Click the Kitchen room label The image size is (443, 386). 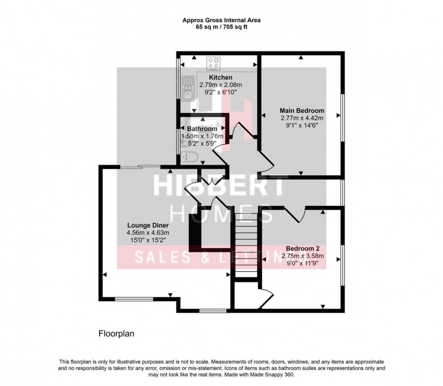(220, 77)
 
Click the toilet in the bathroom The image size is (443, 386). (190, 157)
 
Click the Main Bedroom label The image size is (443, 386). (302, 110)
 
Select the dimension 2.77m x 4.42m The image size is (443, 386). (302, 118)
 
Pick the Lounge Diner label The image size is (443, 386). (148, 225)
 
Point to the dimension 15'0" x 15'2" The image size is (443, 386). (148, 241)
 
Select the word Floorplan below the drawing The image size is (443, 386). (116, 334)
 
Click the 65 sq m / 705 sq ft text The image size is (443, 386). (221, 26)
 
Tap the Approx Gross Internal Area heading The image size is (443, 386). (221, 19)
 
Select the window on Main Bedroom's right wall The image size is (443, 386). (343, 116)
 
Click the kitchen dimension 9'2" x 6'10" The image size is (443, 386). (220, 92)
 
